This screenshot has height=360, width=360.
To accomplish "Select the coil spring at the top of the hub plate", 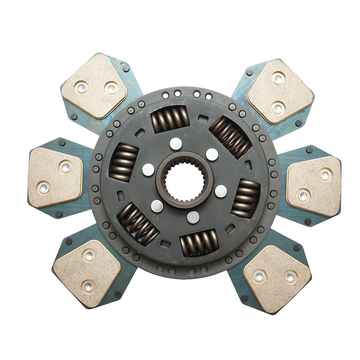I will point(170,120).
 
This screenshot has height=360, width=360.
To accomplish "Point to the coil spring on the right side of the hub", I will point(245,199).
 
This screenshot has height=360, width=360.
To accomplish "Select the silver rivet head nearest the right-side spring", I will point(221,191).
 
